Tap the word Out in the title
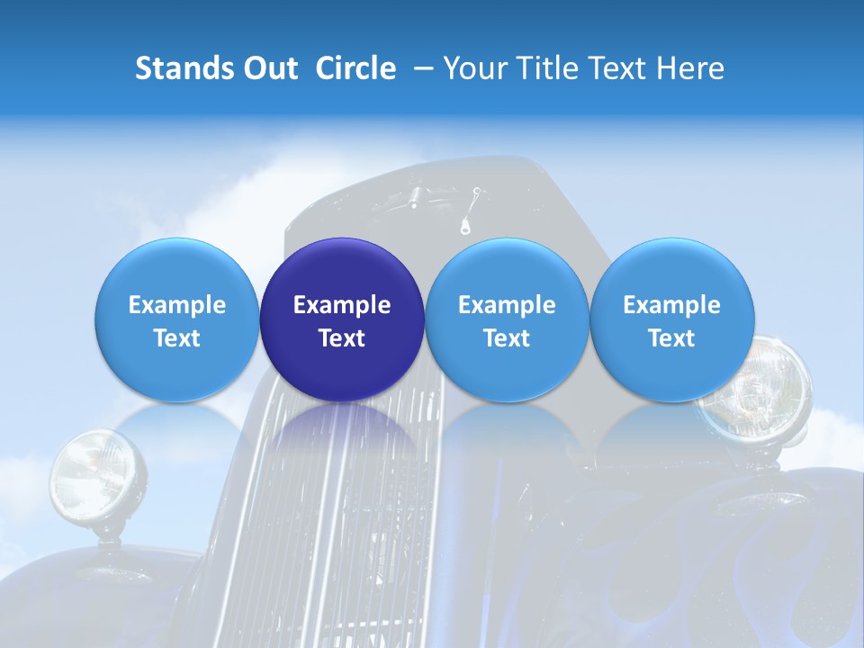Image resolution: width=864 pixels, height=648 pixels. coord(269,68)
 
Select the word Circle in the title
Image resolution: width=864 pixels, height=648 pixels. coord(355,68)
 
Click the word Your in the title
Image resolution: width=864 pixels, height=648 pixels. coord(473,68)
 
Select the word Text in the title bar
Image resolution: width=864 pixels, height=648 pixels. coord(620,68)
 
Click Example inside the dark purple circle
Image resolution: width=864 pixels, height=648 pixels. coord(342,305)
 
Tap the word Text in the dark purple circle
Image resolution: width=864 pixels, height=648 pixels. coord(342,338)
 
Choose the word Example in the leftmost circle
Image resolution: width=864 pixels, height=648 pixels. coord(177,305)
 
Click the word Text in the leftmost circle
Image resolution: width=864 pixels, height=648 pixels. coord(177,338)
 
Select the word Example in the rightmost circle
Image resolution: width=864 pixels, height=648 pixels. coord(671,305)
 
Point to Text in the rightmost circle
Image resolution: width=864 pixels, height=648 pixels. coord(671,338)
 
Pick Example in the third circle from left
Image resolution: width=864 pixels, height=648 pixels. coord(507,305)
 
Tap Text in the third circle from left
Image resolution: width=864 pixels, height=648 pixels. coord(507,338)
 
